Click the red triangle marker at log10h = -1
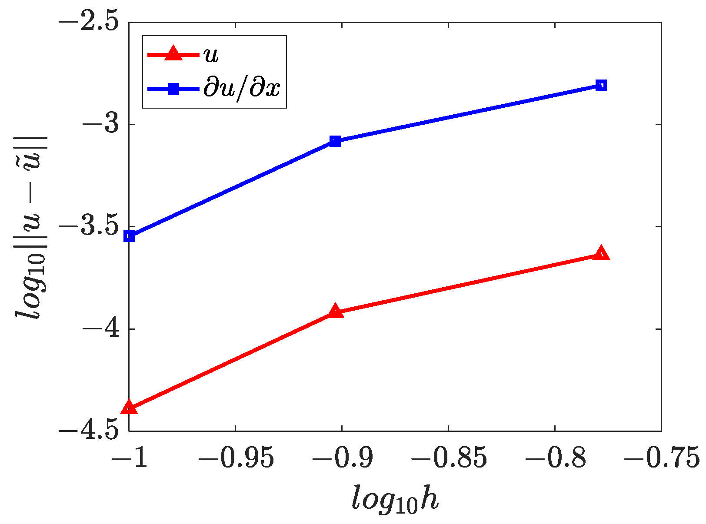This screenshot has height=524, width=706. (129, 408)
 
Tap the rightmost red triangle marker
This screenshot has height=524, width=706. (601, 253)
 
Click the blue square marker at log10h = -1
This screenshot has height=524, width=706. (129, 236)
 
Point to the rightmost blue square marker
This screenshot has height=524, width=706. (601, 85)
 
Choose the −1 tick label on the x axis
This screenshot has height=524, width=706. (129, 458)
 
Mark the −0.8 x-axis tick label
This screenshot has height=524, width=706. (555, 458)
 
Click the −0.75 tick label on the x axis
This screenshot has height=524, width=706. (661, 458)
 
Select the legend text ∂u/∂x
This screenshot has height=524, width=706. (242, 89)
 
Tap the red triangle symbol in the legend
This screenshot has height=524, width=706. (173, 54)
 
